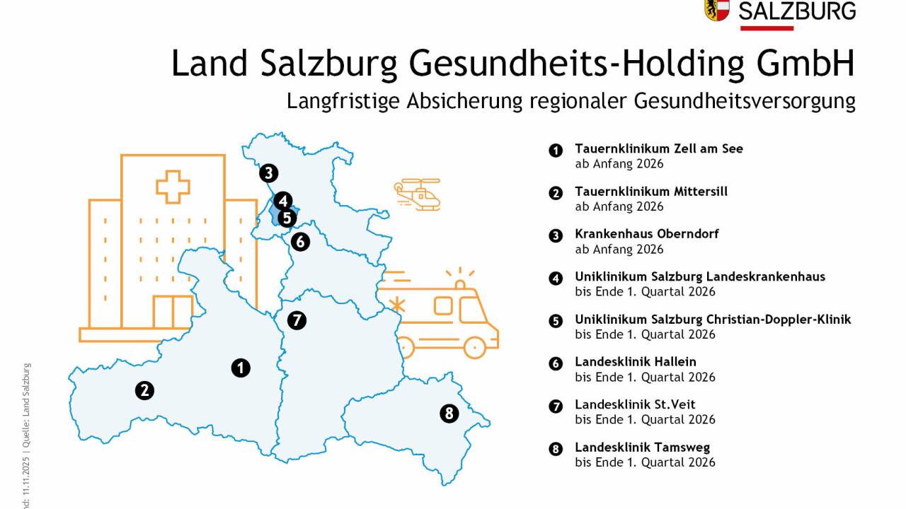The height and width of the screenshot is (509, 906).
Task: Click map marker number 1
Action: (x=241, y=368)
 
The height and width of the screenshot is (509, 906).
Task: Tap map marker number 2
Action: (x=144, y=390)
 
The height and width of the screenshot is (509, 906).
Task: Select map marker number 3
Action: (x=268, y=172)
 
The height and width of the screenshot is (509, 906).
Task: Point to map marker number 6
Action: (x=299, y=241)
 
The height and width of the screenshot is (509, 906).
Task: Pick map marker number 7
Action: (x=297, y=320)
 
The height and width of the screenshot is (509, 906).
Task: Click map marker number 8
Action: (x=449, y=414)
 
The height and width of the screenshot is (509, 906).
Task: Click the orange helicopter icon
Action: (x=418, y=194)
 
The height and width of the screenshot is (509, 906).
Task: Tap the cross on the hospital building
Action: (x=173, y=187)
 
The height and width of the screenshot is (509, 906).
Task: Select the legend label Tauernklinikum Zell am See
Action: (x=658, y=149)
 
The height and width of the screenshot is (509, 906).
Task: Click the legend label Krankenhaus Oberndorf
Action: (x=646, y=234)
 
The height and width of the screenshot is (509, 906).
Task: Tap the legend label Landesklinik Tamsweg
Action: (x=642, y=447)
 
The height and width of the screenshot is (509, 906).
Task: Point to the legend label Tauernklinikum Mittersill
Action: (x=650, y=192)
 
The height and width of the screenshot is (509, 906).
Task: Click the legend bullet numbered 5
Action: (x=556, y=321)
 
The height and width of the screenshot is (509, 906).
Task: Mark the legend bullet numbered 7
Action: (x=556, y=406)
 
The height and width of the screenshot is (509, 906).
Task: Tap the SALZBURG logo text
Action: (x=796, y=11)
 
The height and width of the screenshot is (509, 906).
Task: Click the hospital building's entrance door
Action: (x=173, y=312)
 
